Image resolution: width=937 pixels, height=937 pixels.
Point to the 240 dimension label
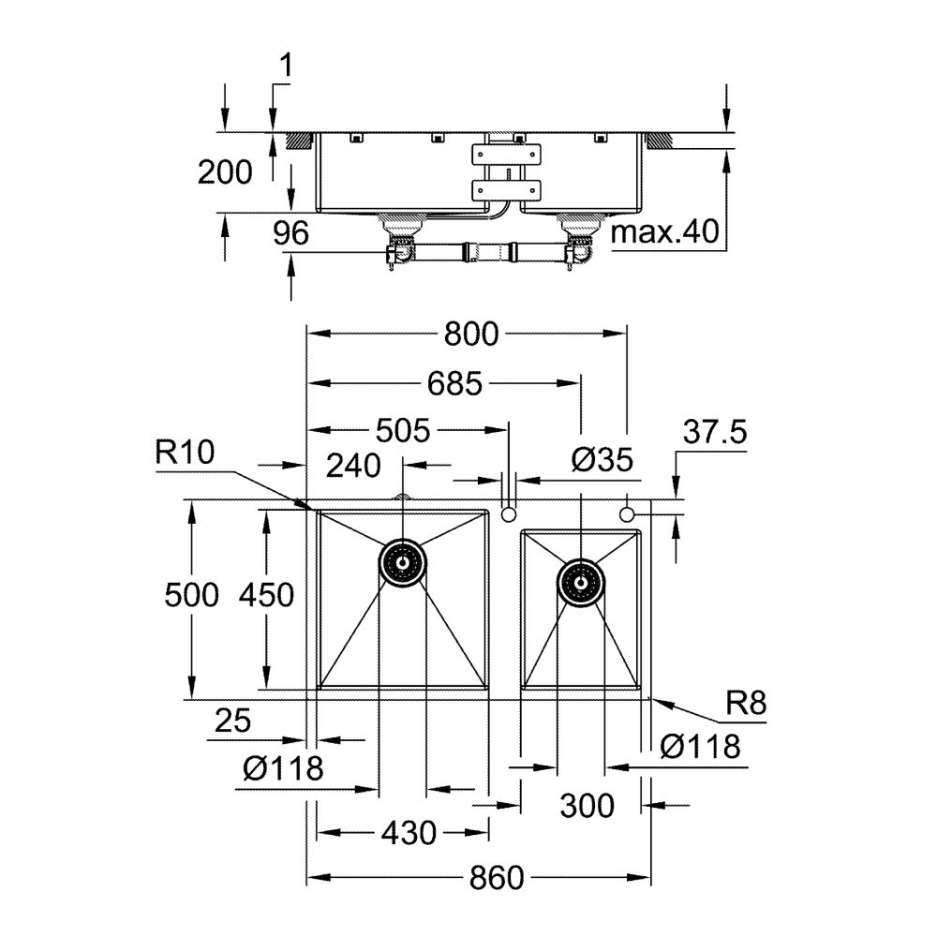[x=355, y=464]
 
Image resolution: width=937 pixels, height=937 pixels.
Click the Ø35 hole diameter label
[x=602, y=459]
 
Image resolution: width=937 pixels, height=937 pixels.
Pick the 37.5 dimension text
[x=714, y=432]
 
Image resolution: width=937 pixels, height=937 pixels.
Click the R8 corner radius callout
[x=746, y=704]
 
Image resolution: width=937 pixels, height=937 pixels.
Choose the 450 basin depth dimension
[x=266, y=594]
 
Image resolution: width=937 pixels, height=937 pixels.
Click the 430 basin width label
[x=409, y=832]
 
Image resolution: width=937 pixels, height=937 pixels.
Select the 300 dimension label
[x=587, y=804]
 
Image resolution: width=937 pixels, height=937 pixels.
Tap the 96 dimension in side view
[x=291, y=233]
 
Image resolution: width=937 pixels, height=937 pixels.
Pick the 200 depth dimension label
[x=225, y=172]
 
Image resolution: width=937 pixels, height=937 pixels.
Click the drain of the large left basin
[x=403, y=563]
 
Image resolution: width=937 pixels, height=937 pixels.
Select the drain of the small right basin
[x=580, y=582]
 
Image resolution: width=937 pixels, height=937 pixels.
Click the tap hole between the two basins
[x=509, y=514]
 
